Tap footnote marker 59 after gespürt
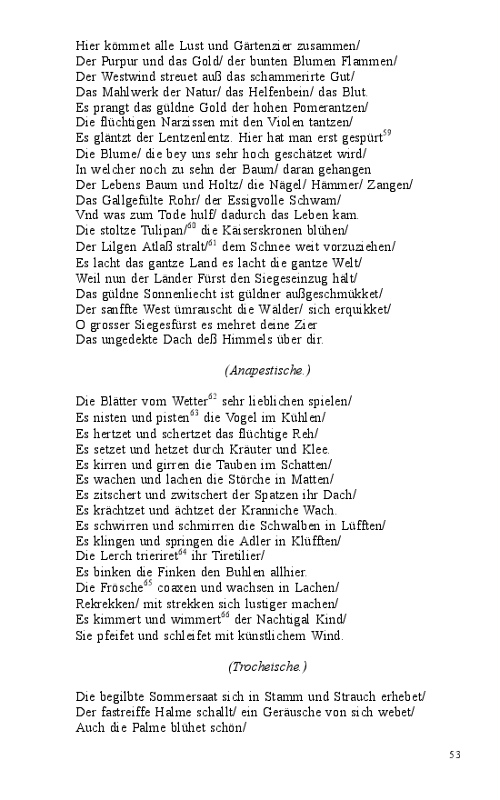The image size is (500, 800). pyautogui.click(x=386, y=134)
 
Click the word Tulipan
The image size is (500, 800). pyautogui.click(x=161, y=231)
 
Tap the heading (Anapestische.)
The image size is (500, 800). pyautogui.click(x=267, y=370)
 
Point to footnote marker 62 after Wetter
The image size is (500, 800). pyautogui.click(x=215, y=396)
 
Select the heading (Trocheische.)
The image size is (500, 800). pyautogui.click(x=267, y=666)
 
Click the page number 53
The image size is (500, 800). pyautogui.click(x=455, y=755)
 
